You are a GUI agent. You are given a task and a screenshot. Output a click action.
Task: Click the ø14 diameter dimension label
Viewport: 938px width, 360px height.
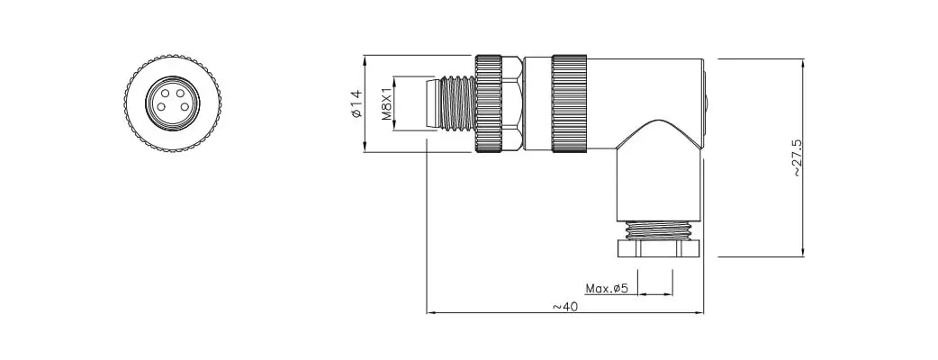356,103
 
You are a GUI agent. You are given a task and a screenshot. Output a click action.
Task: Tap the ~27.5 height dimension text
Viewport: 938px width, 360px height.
797,157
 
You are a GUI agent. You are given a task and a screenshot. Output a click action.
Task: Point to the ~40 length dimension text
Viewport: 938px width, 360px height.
564,306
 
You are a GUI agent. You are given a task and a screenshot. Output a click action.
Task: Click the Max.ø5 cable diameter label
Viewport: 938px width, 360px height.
606,290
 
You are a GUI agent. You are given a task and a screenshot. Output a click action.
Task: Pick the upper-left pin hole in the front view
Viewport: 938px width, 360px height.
165,94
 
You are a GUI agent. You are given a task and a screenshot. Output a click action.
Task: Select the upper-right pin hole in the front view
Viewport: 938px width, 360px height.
180,94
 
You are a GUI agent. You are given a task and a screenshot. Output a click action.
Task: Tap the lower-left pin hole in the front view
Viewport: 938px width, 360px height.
161,107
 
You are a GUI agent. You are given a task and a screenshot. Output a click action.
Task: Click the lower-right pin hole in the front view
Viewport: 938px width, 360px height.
185,107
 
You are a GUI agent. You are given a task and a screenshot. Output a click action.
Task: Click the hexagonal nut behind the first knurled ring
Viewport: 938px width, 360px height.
513,103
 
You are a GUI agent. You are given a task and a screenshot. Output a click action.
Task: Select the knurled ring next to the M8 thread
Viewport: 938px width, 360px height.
489,103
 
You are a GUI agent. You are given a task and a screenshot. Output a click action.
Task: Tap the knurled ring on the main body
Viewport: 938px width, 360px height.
569,103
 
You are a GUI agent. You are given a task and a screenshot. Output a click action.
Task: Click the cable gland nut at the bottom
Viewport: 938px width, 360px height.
660,247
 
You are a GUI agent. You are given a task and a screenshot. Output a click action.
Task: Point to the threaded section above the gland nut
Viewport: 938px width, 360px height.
658,229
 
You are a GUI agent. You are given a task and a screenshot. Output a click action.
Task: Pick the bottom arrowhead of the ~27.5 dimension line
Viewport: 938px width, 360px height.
802,252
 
